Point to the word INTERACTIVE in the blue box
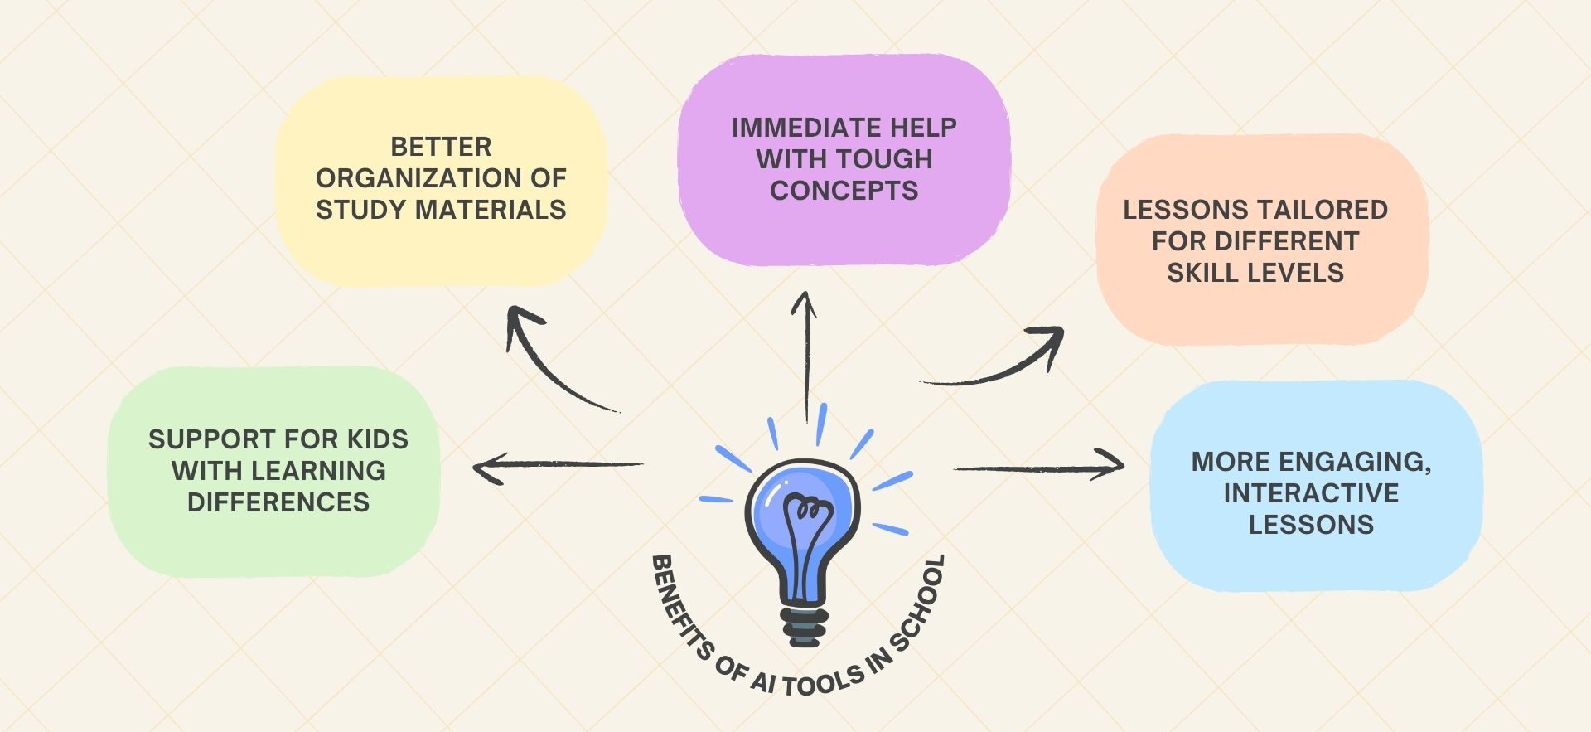pyautogui.click(x=1311, y=493)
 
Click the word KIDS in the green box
pyautogui.click(x=377, y=439)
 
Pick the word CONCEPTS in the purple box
pyautogui.click(x=844, y=191)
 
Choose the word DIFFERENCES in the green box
pyautogui.click(x=278, y=502)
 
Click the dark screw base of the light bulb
pyautogui.click(x=803, y=627)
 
